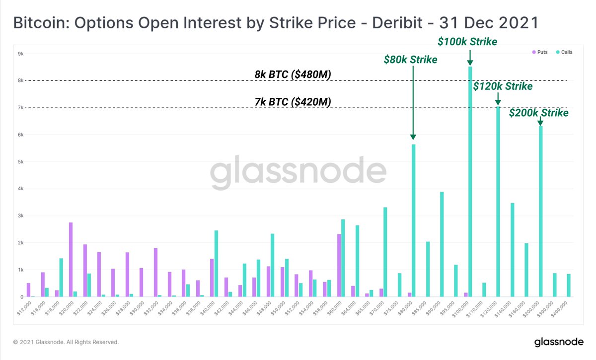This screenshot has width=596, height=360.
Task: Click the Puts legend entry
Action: pos(539,52)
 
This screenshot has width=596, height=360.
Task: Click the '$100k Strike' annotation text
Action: pos(467,42)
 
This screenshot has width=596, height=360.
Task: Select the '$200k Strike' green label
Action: pos(539,113)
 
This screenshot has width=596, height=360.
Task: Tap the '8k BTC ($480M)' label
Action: pos(293,74)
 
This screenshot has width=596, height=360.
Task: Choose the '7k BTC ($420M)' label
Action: pos(293,102)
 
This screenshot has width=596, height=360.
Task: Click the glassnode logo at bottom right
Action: pos(557,342)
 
